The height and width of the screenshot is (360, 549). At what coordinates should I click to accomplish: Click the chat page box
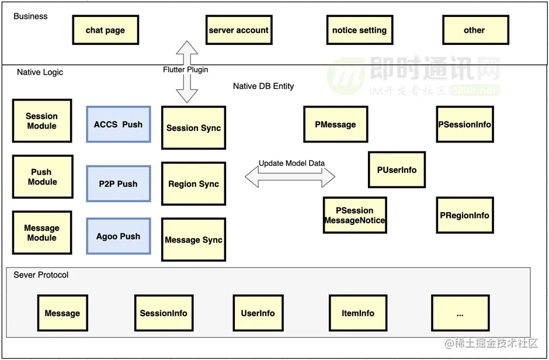point(105,30)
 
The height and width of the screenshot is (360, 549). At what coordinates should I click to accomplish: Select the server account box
point(238,30)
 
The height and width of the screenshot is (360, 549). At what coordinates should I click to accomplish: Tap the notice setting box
point(359,30)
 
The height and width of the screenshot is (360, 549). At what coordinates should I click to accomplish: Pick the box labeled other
point(474,30)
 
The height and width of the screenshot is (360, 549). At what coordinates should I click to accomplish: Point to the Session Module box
point(42,120)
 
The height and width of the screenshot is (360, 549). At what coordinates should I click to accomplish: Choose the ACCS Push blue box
point(118,124)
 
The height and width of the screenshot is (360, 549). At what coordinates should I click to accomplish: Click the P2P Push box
point(118,184)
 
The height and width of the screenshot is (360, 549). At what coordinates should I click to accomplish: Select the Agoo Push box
point(118,236)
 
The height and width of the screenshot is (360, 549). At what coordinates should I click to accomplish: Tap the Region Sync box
point(193,184)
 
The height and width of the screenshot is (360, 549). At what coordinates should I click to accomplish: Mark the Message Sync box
point(193,240)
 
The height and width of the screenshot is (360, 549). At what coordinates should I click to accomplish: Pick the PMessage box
point(335,124)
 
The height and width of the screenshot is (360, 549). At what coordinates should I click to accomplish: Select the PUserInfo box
point(397,169)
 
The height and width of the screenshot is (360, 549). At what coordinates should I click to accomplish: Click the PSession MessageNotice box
point(355,215)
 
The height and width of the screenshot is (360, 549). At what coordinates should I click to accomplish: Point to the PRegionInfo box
point(464,215)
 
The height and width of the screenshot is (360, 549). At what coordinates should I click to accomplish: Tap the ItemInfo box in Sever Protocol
point(358,313)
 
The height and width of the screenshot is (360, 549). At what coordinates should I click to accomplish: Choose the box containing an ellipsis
point(460,313)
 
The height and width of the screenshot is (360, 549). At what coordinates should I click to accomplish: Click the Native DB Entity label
point(263,86)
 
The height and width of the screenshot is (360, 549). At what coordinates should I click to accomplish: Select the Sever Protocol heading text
point(41,275)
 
